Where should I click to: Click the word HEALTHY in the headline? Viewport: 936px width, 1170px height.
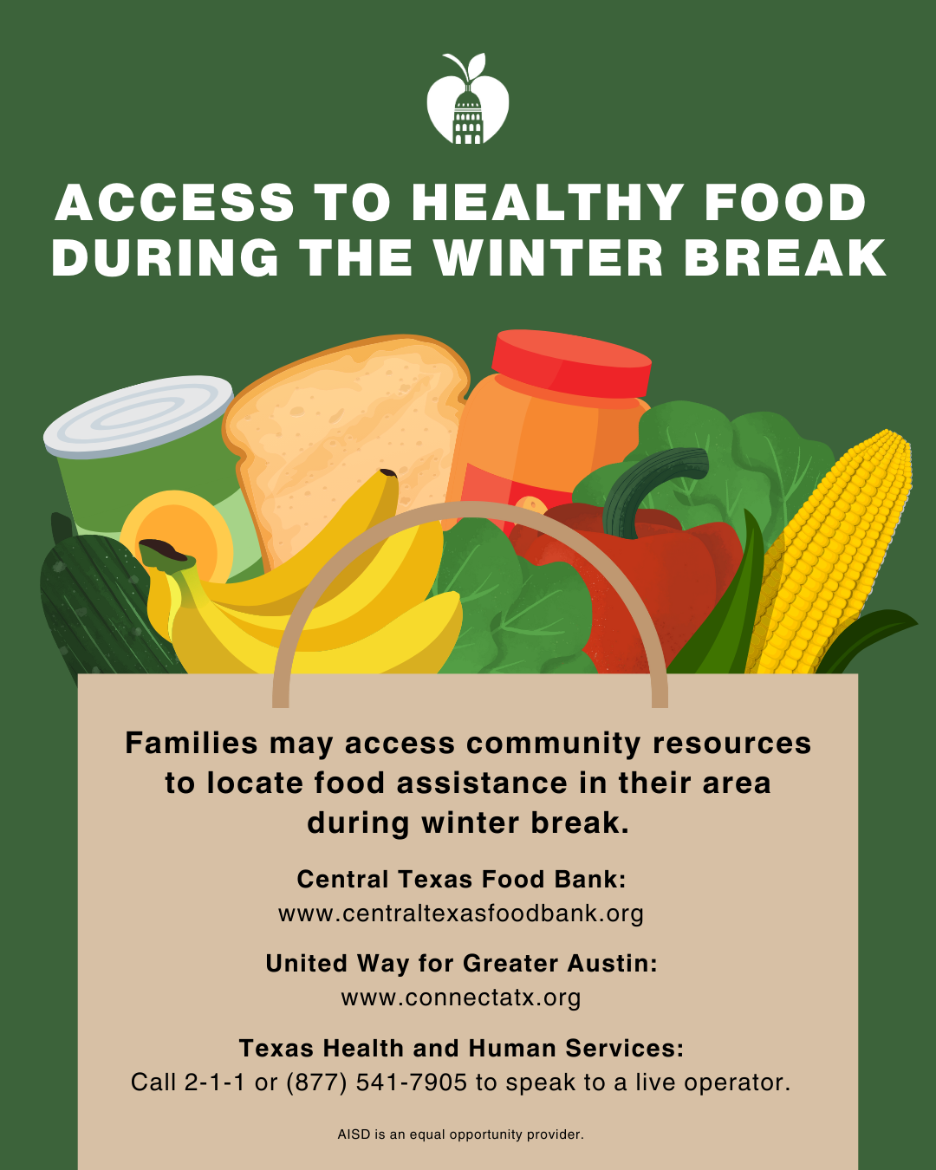(x=547, y=202)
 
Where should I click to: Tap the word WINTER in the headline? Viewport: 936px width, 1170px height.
(x=549, y=257)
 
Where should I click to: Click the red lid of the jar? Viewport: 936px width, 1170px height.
(x=571, y=363)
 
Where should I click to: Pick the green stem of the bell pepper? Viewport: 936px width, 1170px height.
(x=653, y=484)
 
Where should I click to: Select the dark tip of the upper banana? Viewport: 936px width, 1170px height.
(x=387, y=472)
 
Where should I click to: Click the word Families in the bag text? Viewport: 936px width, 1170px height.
(x=192, y=743)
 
